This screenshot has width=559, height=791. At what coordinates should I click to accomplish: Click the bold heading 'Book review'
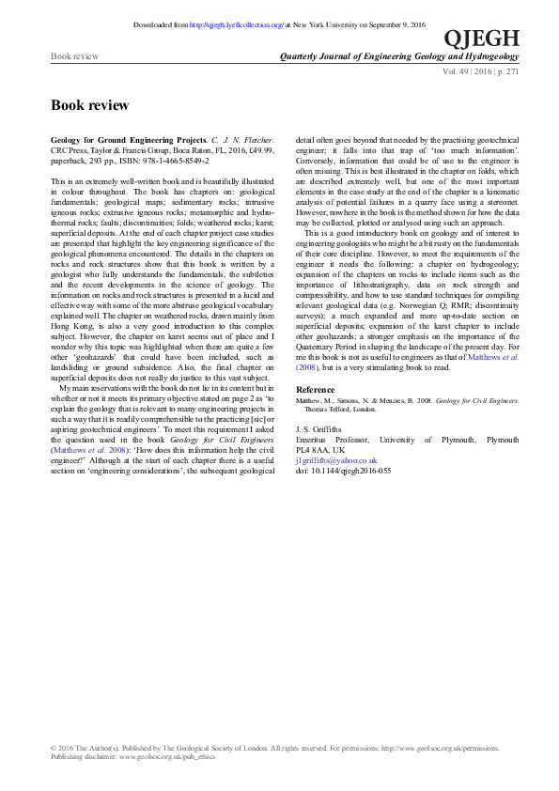pos(89,105)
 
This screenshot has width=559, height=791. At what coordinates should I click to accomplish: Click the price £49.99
pos(261,149)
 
